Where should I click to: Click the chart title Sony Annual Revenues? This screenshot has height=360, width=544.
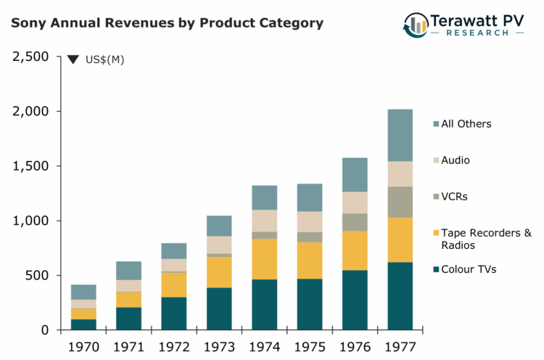click(x=167, y=22)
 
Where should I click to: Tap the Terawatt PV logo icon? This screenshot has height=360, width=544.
click(x=416, y=24)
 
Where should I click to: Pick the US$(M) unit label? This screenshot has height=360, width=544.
click(x=105, y=60)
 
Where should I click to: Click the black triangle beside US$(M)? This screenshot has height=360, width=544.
click(x=73, y=60)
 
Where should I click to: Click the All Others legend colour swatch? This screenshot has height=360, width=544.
click(x=435, y=124)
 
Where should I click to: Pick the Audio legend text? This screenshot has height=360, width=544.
click(x=456, y=160)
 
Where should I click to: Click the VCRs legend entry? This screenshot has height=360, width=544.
click(x=456, y=197)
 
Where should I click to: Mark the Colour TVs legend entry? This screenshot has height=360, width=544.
click(x=469, y=269)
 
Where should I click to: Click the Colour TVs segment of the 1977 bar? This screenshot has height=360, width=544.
click(x=400, y=295)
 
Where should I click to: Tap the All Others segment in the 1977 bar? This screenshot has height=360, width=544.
click(x=400, y=135)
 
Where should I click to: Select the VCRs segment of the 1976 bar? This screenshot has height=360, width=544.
click(x=355, y=222)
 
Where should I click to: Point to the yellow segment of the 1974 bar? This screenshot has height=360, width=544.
click(x=264, y=259)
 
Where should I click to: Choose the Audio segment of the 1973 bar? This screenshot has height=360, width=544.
click(x=219, y=245)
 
